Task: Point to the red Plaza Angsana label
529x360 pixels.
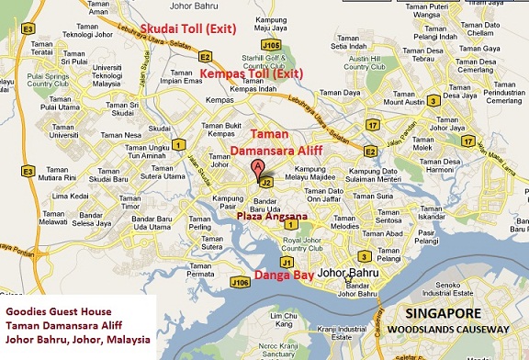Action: click(274, 217)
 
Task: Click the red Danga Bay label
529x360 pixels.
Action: click(281, 275)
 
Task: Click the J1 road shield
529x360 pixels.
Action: click(287, 262)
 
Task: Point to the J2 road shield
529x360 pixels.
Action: click(265, 182)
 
